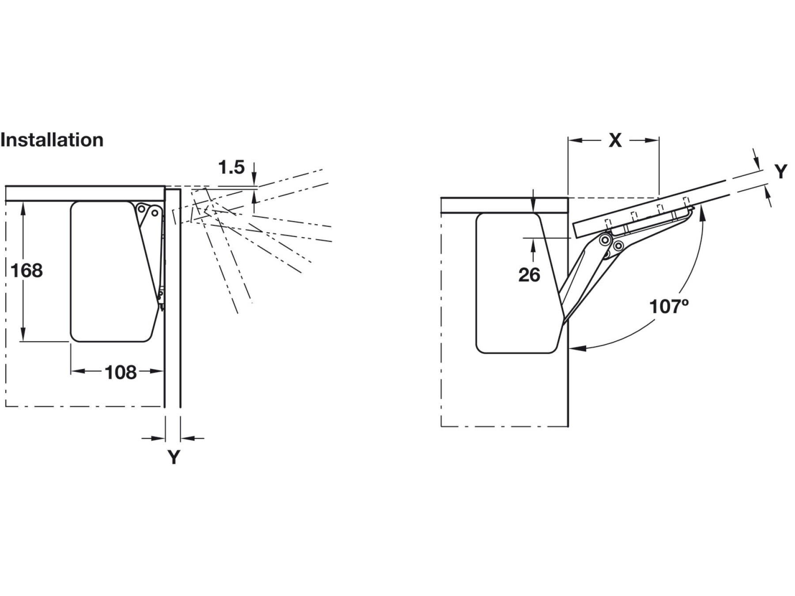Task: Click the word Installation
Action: tap(52, 140)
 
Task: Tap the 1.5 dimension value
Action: tap(231, 168)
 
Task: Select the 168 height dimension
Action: tap(26, 270)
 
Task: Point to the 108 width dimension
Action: tap(121, 373)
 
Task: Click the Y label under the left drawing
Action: tap(174, 457)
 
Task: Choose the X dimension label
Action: tap(615, 140)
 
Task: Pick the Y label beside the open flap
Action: tap(781, 172)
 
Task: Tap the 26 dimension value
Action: tap(529, 275)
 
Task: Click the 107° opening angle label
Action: tap(669, 306)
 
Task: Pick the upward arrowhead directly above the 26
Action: tap(533, 244)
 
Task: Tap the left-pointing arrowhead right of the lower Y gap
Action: tap(187, 438)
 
